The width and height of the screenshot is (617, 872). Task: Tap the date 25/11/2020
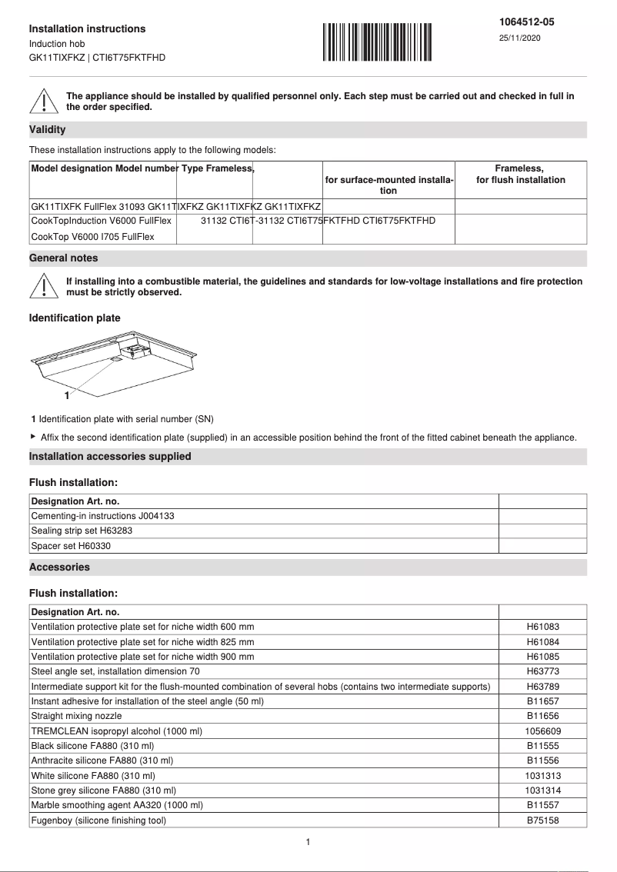(x=519, y=38)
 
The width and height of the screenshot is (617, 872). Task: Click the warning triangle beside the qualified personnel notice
(x=44, y=102)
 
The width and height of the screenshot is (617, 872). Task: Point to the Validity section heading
(x=48, y=130)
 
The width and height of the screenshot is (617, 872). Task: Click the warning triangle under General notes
(x=44, y=287)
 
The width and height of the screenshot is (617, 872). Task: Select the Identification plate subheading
(x=75, y=318)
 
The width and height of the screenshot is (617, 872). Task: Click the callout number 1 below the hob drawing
(x=67, y=395)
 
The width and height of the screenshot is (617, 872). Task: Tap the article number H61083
(x=542, y=627)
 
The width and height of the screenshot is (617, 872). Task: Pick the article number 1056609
(x=542, y=731)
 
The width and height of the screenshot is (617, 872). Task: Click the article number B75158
(x=542, y=820)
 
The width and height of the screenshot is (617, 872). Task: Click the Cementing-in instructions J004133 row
(x=102, y=516)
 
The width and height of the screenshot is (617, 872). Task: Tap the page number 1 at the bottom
(x=308, y=842)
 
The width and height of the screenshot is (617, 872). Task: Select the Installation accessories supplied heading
(x=110, y=456)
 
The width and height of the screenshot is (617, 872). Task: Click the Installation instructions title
(x=87, y=28)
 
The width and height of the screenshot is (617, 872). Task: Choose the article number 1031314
(x=542, y=790)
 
